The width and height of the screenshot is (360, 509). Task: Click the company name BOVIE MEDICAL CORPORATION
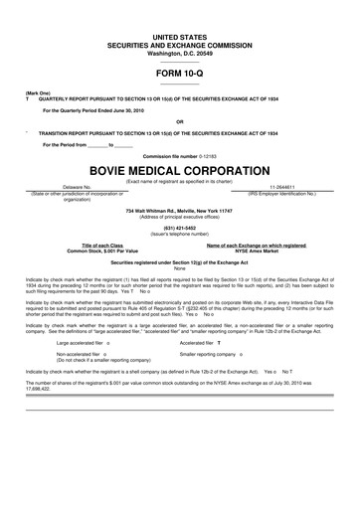(x=180, y=170)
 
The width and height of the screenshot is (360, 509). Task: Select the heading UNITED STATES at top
(x=180, y=35)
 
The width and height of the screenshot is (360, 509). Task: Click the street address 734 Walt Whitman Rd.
(x=180, y=213)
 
